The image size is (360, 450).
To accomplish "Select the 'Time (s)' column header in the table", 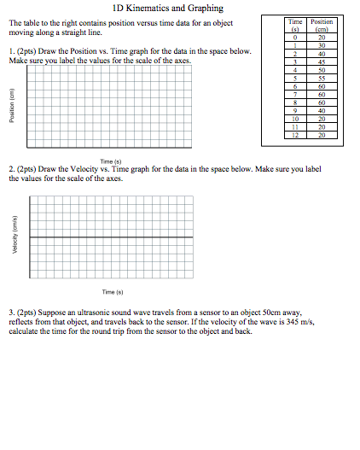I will [295, 26].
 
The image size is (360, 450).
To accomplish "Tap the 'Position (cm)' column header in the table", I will [322, 26].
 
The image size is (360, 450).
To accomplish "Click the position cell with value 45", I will [322, 61].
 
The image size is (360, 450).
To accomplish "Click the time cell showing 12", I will [295, 135].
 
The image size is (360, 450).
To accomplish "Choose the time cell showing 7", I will [295, 94].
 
